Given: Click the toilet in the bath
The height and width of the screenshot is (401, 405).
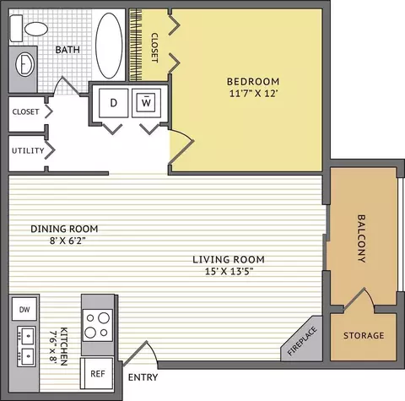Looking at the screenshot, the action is pos(28,28).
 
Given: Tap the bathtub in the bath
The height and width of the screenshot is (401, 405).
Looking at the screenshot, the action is pos(109,46).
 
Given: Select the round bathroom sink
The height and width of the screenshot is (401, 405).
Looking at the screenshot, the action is pos(24,64).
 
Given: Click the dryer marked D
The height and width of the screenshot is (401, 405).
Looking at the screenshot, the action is pos(113,103).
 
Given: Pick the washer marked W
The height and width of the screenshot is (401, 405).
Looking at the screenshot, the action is pos(146,103).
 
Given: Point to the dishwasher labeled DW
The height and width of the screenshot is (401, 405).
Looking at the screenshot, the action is pos(24,310).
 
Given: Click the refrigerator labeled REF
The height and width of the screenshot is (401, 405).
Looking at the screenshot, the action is pos(97,374).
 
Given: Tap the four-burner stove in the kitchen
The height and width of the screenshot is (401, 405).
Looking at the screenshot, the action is pos(97,325).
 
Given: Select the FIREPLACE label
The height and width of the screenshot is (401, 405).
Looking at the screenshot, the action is pos(303,341).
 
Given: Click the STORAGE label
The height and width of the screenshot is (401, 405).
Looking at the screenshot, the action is pos(364,335).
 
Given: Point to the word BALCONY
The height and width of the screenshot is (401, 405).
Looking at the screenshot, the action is pos(361,239).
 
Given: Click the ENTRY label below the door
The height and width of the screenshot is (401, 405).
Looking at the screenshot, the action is pos(143,377).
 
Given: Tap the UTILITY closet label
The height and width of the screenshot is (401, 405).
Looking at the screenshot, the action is pos(28,150).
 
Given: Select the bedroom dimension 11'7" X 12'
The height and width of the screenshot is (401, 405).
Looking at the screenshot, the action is pos(254,93).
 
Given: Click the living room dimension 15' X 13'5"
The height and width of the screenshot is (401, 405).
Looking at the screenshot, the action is pos(229,272).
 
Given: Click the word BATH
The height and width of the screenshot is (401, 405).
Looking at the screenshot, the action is pos(67,50).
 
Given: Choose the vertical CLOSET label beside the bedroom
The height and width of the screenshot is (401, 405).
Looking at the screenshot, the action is pos(154,48).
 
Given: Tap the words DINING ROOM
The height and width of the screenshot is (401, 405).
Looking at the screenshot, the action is pos(64,229).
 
